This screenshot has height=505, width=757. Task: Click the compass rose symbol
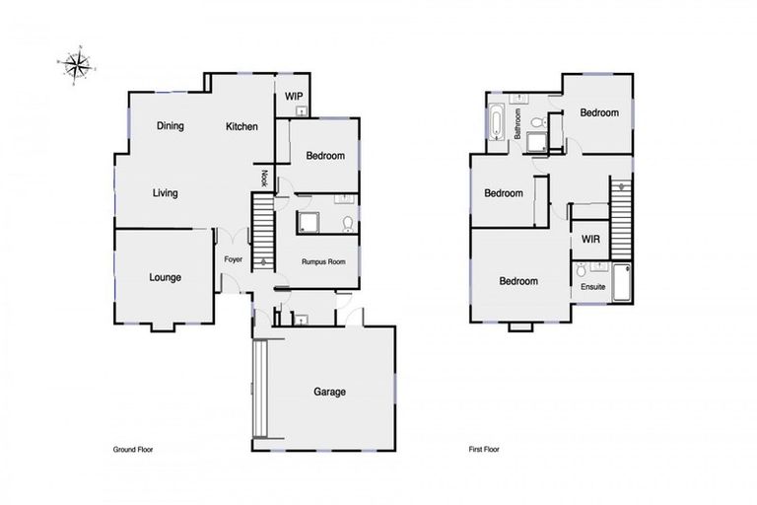(74, 65)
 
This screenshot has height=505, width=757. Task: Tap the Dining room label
(171, 126)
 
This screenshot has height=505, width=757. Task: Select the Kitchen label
(241, 126)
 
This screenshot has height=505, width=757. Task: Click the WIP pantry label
(293, 96)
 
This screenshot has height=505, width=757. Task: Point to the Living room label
(165, 193)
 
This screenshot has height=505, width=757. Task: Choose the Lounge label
(165, 278)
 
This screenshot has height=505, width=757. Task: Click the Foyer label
(233, 259)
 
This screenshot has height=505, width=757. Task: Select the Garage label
(329, 392)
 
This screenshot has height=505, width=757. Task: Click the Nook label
(264, 179)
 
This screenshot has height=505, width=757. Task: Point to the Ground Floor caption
(133, 449)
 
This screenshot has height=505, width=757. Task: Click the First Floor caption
(484, 449)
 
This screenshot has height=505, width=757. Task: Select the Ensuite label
(592, 287)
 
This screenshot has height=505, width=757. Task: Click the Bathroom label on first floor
(518, 122)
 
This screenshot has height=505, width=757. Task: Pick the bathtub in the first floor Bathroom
(495, 124)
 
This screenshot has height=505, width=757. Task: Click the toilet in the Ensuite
(583, 269)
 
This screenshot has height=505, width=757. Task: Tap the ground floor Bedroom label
(324, 156)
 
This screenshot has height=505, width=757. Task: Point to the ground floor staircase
(261, 232)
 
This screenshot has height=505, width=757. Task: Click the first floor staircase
(621, 212)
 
